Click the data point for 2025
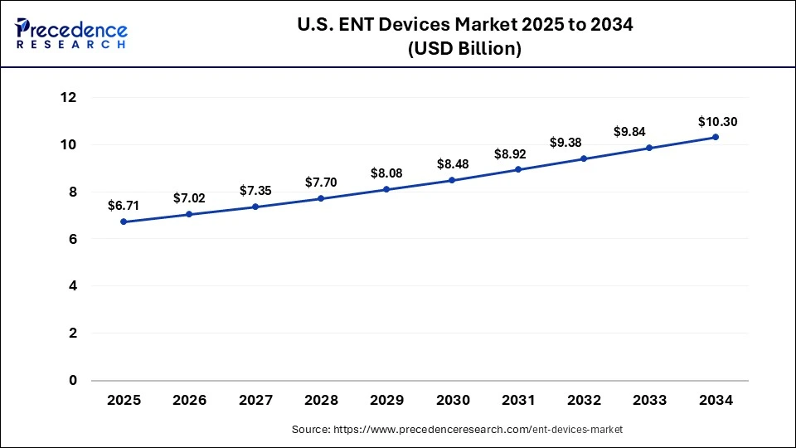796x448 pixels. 124,222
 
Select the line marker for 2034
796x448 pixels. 716,137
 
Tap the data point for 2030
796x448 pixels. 452,180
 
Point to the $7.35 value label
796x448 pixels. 255,190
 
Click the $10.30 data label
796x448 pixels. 717,122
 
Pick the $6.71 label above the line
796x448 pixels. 124,205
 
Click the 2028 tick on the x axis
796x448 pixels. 321,400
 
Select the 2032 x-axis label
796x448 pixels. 584,400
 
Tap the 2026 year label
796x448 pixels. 189,400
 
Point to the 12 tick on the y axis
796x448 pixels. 68,98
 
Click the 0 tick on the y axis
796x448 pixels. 72,381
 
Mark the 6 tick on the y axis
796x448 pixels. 72,239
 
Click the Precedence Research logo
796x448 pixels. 71,33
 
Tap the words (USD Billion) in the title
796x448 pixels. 464,50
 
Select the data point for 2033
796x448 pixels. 649,148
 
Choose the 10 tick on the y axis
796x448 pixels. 68,145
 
